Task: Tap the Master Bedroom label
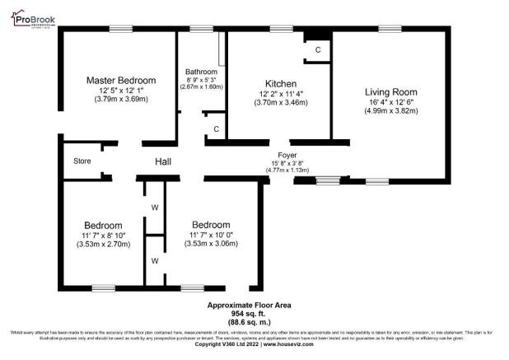pos(120,80)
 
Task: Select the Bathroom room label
pos(202,72)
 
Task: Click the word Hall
pos(163,162)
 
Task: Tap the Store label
pos(82,161)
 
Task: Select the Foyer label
pos(286,153)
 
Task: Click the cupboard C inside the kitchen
pos(317,50)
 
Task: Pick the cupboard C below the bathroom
pos(216,129)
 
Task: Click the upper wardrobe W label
pos(154,208)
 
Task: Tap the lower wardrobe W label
pos(154,260)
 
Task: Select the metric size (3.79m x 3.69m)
pos(120,100)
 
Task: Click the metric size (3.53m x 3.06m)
pos(211,244)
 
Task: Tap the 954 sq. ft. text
pos(248,313)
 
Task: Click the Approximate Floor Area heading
pos(248,305)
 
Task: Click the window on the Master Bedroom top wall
pos(121,29)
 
